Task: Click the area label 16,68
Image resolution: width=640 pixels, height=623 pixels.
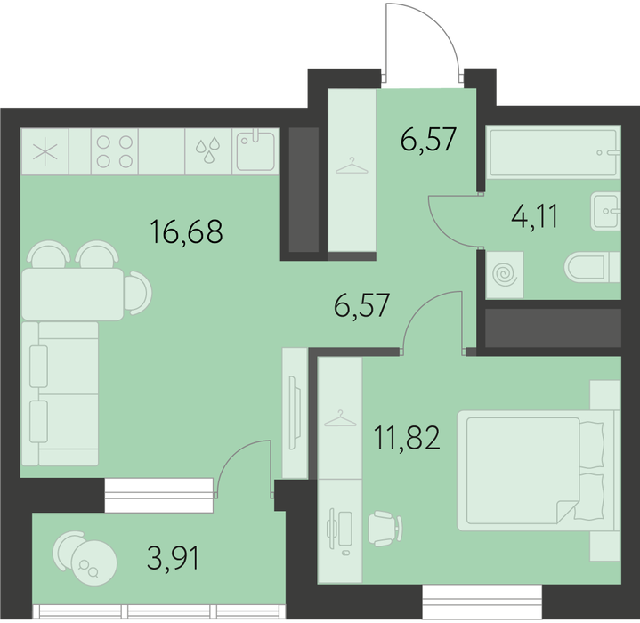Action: pyautogui.click(x=187, y=231)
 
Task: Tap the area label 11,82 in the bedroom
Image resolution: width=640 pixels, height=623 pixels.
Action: pyautogui.click(x=407, y=438)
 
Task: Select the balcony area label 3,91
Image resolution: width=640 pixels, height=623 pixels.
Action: pyautogui.click(x=174, y=559)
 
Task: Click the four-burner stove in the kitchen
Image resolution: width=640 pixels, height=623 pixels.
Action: pyautogui.click(x=115, y=152)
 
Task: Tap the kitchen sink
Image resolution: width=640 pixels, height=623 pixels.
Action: pyautogui.click(x=256, y=151)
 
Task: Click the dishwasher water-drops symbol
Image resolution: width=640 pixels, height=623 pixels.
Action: pyautogui.click(x=208, y=151)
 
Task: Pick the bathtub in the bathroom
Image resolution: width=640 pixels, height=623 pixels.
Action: pyautogui.click(x=555, y=153)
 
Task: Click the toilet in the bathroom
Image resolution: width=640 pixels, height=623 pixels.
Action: pyautogui.click(x=592, y=267)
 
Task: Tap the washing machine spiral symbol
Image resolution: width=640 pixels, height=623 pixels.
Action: pyautogui.click(x=505, y=275)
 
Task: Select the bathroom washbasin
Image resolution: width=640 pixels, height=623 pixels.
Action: pyautogui.click(x=605, y=211)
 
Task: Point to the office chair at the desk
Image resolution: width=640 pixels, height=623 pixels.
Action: pyautogui.click(x=385, y=528)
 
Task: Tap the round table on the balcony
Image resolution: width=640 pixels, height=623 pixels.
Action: pyautogui.click(x=94, y=563)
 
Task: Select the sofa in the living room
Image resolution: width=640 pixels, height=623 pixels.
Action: pyautogui.click(x=60, y=393)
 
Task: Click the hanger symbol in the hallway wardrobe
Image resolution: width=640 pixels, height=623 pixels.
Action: pyautogui.click(x=352, y=166)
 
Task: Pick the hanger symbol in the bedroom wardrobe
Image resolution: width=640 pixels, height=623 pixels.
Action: pyautogui.click(x=340, y=418)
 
